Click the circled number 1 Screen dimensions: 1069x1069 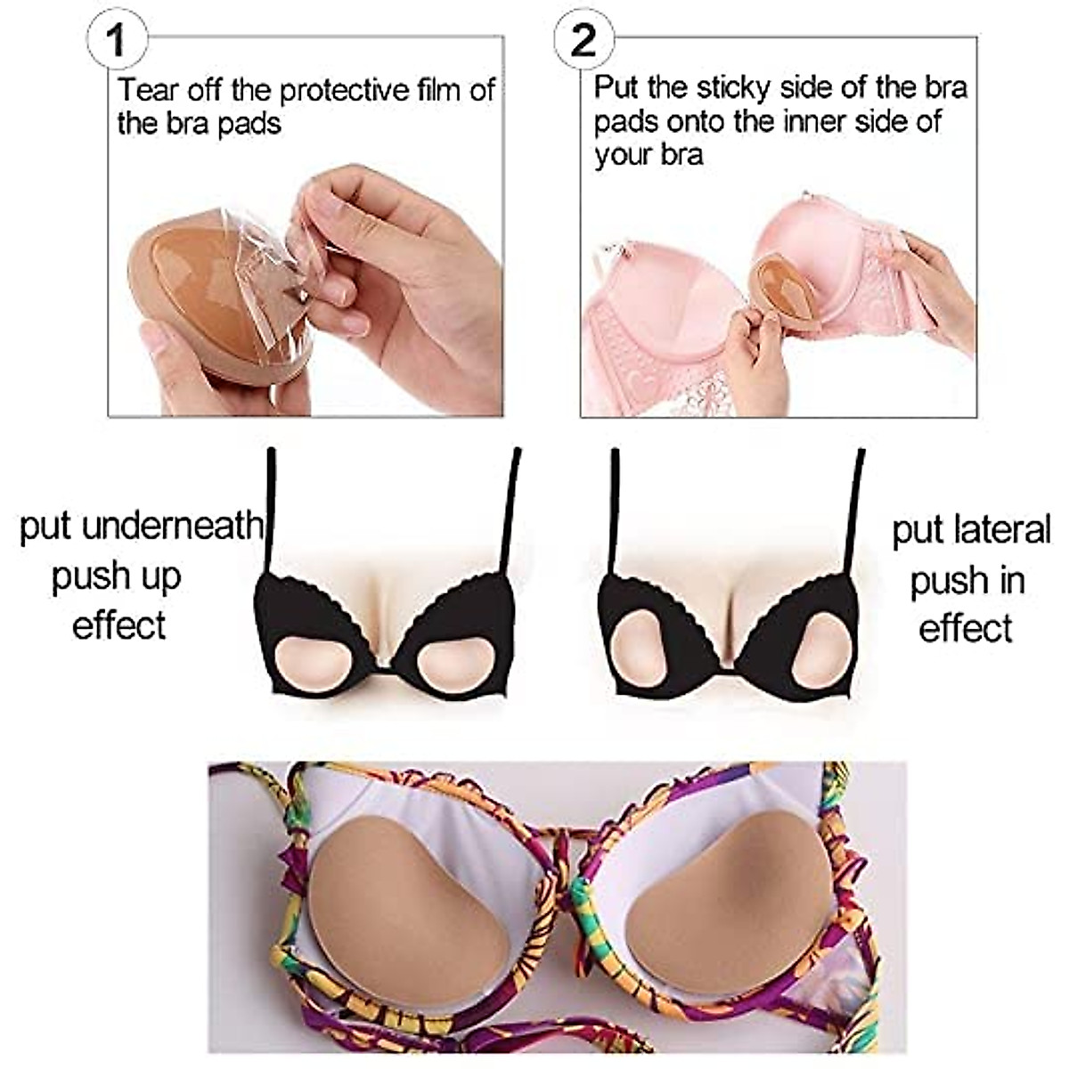point(116,41)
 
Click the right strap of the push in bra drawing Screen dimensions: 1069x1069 point(856,508)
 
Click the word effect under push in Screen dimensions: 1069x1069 point(965,628)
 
